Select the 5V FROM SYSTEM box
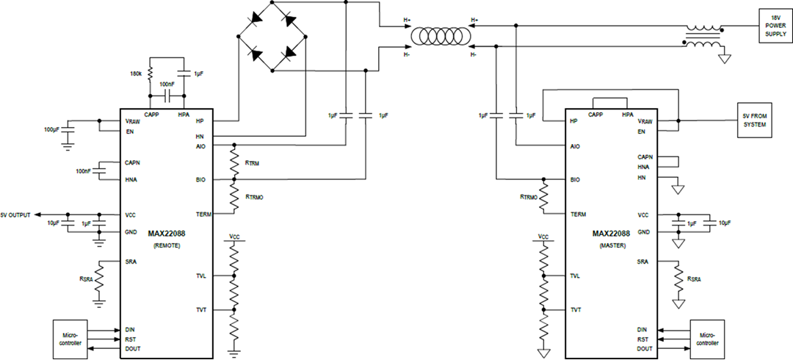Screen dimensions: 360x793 753,120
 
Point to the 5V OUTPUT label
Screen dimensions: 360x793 15,215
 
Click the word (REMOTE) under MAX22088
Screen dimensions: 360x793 167,245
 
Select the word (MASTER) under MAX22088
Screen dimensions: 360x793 612,245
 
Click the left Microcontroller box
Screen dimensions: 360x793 71,339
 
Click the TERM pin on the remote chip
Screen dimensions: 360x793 203,214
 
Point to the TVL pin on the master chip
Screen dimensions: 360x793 576,276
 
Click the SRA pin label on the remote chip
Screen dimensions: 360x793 130,262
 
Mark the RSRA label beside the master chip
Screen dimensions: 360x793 693,279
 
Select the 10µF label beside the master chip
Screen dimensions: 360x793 724,222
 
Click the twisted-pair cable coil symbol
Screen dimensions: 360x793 440,36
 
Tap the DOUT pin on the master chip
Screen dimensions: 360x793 644,348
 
